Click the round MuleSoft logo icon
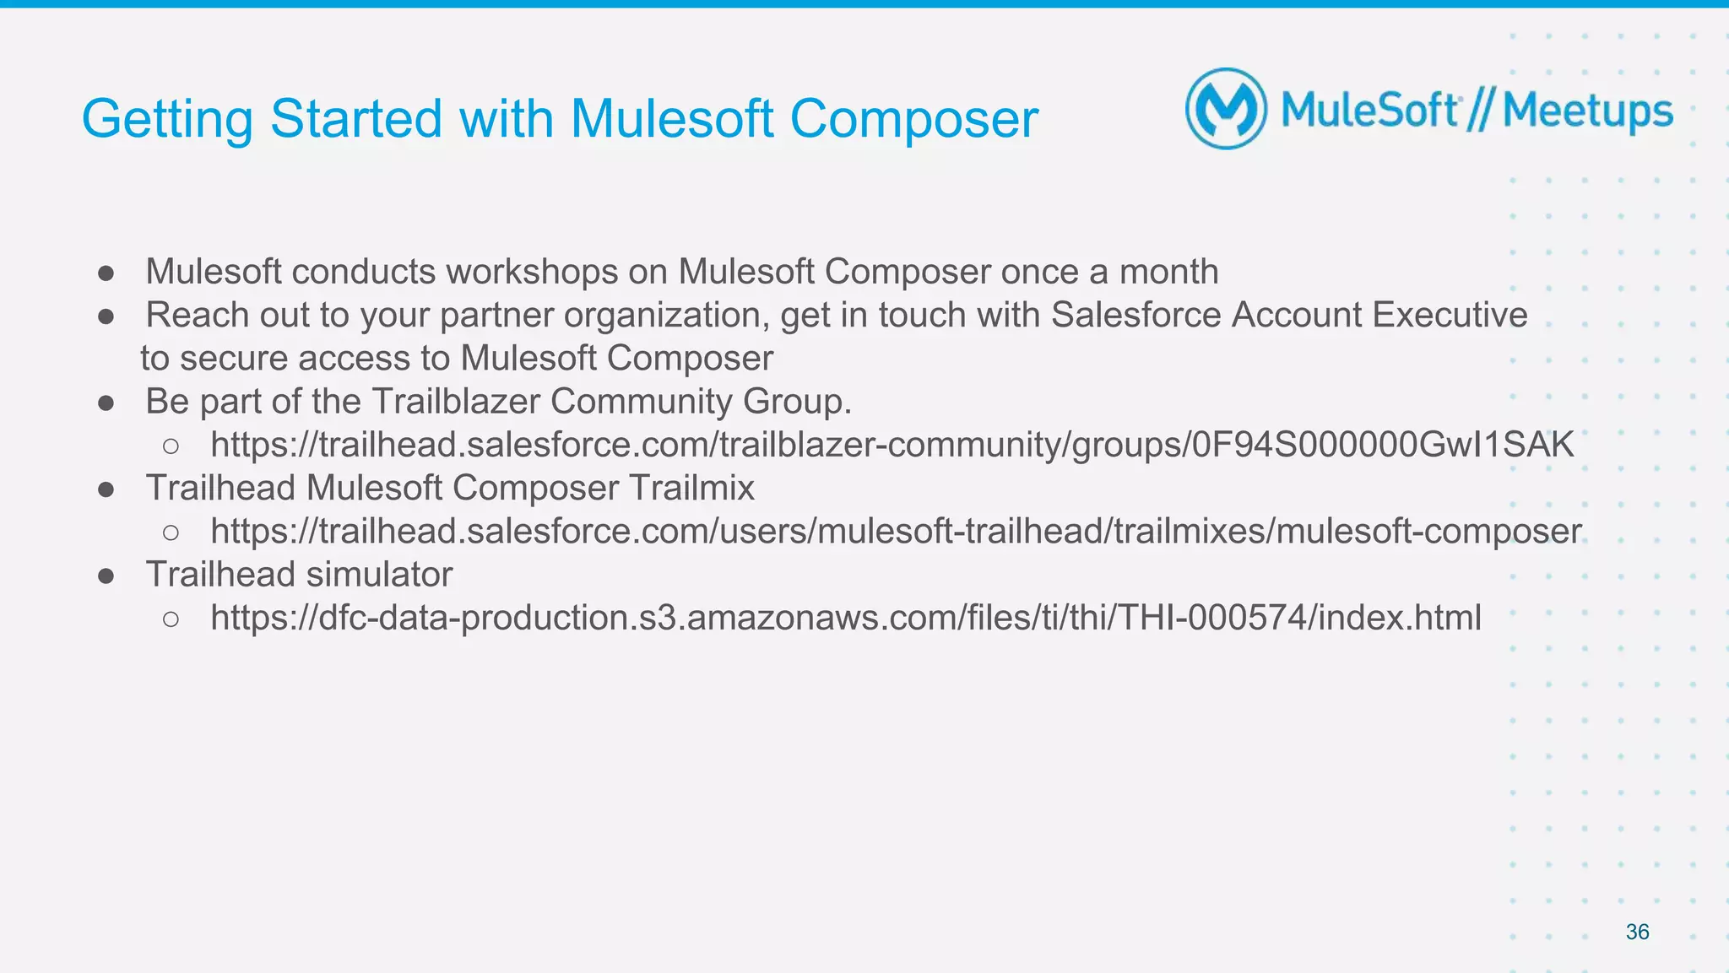(1226, 110)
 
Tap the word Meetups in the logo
(1587, 111)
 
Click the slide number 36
(1637, 932)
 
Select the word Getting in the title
(167, 119)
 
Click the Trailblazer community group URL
(892, 445)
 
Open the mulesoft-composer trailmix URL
(896, 532)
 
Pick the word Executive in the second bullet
(1450, 315)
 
